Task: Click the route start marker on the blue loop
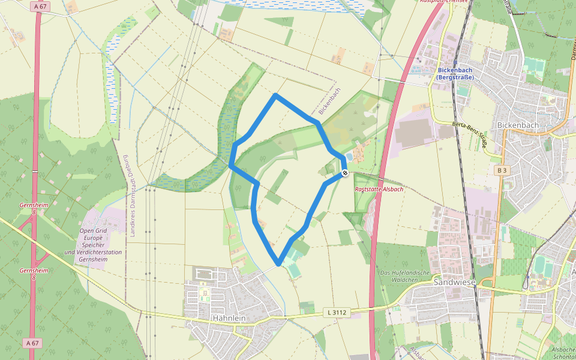tap(344, 173)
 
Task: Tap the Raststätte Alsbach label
tap(379, 189)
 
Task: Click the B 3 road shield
tap(502, 170)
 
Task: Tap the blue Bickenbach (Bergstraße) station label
tap(455, 73)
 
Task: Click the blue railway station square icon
tap(455, 63)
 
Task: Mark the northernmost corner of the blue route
tap(275, 95)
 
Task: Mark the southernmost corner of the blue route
tap(278, 264)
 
